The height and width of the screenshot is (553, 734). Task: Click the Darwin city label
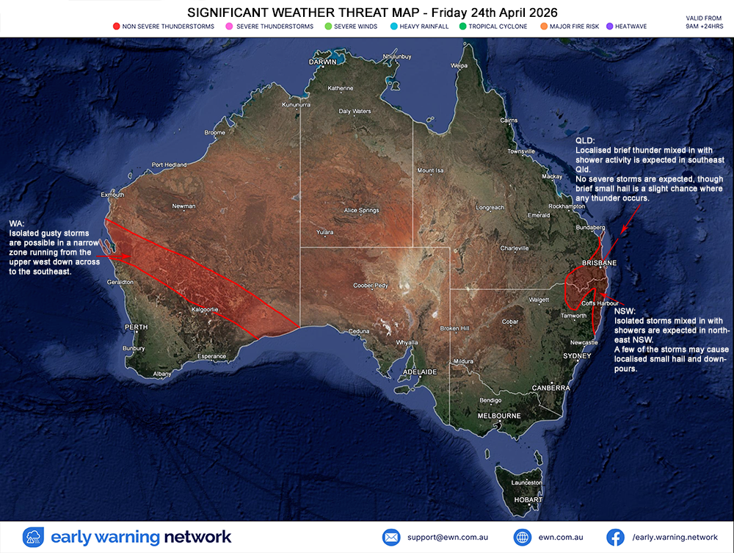click(323, 62)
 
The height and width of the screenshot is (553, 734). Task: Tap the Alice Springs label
click(361, 211)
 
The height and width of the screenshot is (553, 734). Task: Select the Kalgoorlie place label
click(205, 310)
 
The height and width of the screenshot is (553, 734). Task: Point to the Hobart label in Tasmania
click(528, 499)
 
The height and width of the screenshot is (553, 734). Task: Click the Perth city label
click(137, 327)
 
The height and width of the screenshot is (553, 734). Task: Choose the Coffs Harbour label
click(598, 303)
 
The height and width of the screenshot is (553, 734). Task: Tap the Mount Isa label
click(431, 170)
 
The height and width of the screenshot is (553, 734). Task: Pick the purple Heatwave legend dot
click(609, 26)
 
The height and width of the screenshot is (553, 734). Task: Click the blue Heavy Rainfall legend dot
click(393, 26)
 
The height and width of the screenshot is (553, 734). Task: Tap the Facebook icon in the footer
click(615, 537)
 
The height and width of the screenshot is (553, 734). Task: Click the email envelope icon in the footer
click(391, 537)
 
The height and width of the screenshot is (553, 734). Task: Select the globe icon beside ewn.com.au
click(523, 537)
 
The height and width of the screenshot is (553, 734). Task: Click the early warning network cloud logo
click(34, 537)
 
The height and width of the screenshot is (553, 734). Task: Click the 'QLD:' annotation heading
click(585, 140)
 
